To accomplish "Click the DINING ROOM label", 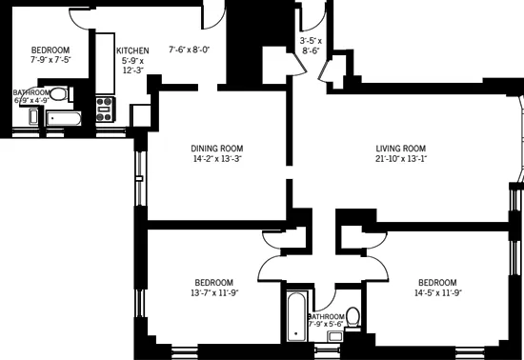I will tap(217, 149).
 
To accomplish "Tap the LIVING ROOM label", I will tap(399, 149).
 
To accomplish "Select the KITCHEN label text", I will tap(132, 50).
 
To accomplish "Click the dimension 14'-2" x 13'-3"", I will tap(217, 159).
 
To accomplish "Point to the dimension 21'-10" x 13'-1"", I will tap(399, 159).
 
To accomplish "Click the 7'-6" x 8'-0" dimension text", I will tap(189, 50).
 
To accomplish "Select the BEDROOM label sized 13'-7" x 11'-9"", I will tap(214, 283).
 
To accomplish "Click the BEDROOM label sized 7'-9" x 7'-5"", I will tap(50, 50).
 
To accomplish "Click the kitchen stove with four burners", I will tap(105, 108).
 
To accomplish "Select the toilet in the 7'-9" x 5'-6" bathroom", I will tap(353, 315).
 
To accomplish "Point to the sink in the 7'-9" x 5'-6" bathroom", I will tap(335, 335).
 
